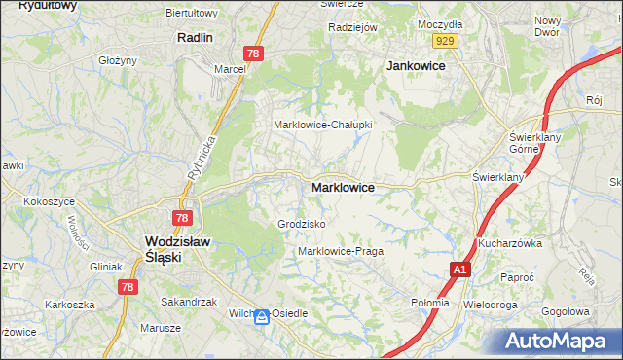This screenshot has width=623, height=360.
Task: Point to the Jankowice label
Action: point(416,65)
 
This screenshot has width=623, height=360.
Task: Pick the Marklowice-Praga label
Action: point(340,251)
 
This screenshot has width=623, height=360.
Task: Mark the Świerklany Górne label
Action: point(531,144)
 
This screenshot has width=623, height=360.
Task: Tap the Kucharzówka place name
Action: point(509,243)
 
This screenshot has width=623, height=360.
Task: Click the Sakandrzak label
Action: point(189,302)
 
